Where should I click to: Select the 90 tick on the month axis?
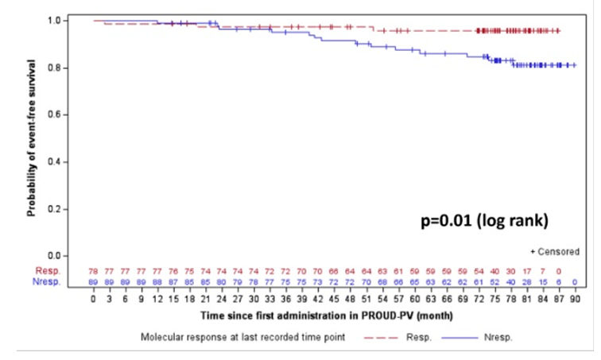click(574, 301)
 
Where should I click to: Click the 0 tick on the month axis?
click(94, 301)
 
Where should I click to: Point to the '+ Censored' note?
click(555, 252)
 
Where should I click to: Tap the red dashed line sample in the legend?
click(379, 338)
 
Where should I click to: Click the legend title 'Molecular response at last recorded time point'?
click(243, 338)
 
